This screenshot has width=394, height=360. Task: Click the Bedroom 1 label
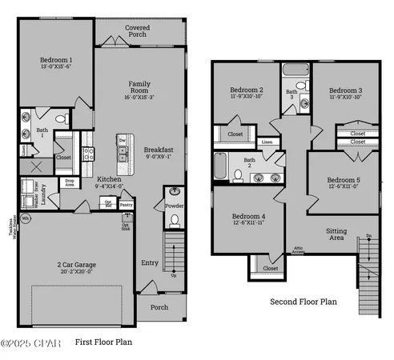pos(56,60)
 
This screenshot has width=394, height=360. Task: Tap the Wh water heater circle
pos(26,218)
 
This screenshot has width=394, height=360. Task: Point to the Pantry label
pos(127,206)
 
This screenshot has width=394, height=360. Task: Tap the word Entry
pos(150,262)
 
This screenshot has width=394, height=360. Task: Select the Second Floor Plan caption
pos(304,302)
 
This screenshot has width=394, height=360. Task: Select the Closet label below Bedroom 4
pos(271,269)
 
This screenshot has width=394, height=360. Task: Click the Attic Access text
pos(298,250)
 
